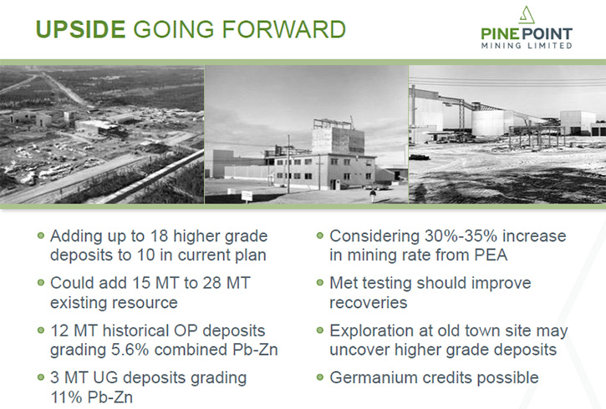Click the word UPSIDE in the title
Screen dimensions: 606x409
[x=80, y=29]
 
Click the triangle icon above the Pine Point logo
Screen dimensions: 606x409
[x=527, y=15]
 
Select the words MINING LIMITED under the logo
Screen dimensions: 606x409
[x=527, y=46]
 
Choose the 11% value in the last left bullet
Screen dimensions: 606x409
[x=66, y=397]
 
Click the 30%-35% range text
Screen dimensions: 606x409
[x=457, y=235]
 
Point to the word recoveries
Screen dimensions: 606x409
[x=369, y=303]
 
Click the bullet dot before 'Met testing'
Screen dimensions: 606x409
[x=319, y=282]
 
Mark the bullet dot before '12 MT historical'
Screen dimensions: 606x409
[x=41, y=331]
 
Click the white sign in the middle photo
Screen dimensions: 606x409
[x=247, y=195]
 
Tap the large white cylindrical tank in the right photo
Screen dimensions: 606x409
[x=488, y=123]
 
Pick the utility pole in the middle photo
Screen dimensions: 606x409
[x=288, y=164]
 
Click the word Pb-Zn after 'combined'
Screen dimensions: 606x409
[x=255, y=350]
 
